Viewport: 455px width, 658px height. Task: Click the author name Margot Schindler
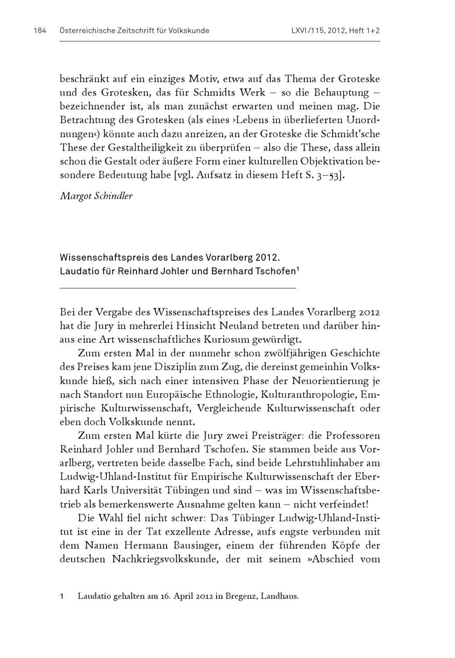(x=96, y=197)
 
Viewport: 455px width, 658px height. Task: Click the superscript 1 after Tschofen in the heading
(x=298, y=269)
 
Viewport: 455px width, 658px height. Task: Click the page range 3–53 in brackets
(x=329, y=175)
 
